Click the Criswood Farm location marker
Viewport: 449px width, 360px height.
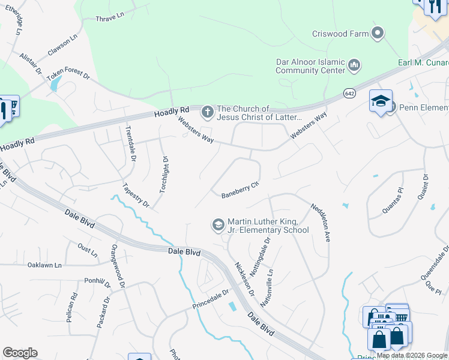pyautogui.click(x=378, y=33)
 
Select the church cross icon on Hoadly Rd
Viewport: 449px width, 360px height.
pyautogui.click(x=207, y=112)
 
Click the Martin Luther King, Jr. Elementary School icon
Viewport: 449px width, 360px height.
pyautogui.click(x=217, y=225)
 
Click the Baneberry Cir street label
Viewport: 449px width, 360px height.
pyautogui.click(x=240, y=190)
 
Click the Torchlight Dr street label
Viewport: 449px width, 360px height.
pyautogui.click(x=163, y=174)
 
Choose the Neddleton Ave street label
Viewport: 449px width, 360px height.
pyautogui.click(x=321, y=222)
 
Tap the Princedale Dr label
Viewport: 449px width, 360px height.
pyautogui.click(x=211, y=298)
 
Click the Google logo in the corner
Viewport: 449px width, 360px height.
pyautogui.click(x=20, y=353)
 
